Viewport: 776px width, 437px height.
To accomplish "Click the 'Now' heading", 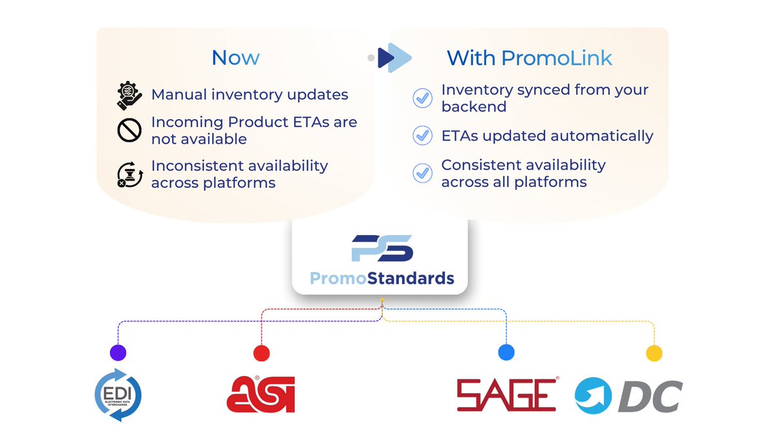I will [235, 58].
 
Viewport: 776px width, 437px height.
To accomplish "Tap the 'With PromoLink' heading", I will [529, 58].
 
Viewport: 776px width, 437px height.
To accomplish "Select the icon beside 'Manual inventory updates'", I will [129, 95].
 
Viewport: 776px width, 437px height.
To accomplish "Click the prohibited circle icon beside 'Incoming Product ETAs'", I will [129, 130].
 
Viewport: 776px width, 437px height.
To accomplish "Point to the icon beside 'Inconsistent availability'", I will [129, 174].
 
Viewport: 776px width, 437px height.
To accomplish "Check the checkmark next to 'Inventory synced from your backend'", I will [422, 98].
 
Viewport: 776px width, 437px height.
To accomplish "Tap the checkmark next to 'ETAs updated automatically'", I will [422, 135].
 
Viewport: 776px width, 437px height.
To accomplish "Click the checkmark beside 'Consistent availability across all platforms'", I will [422, 173].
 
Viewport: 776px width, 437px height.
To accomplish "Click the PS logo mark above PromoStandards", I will [382, 249].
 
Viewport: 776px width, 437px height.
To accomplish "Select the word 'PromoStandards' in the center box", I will [382, 278].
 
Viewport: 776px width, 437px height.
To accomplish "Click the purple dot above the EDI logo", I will [118, 353].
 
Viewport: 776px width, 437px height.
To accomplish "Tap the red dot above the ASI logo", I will [261, 353].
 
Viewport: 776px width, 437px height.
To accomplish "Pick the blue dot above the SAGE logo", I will [506, 353].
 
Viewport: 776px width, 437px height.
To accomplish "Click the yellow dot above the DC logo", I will [654, 353].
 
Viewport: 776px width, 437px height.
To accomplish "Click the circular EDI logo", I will [118, 394].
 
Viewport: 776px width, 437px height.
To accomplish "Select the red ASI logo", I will [261, 394].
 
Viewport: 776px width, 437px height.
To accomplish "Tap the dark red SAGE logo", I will [506, 395].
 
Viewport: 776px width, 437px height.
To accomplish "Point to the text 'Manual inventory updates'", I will [250, 95].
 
